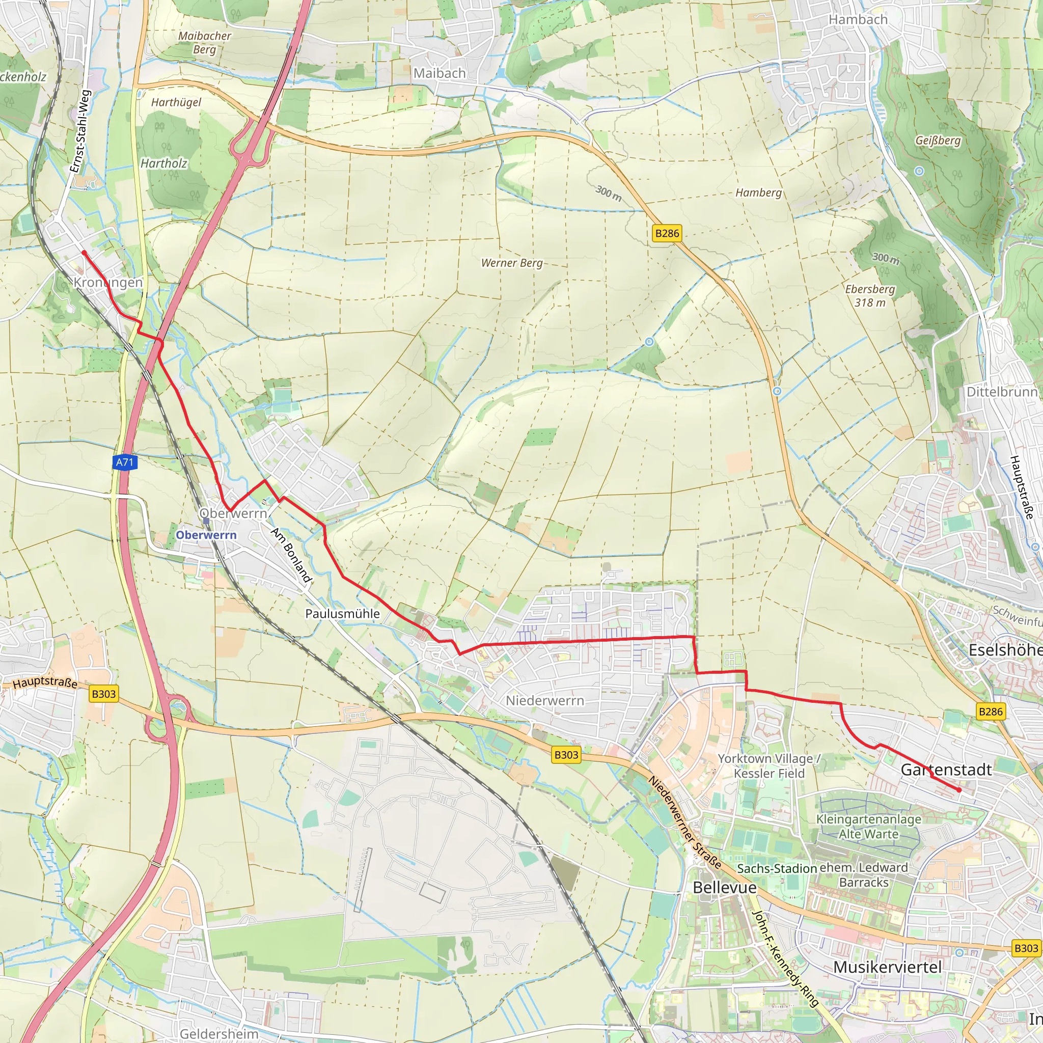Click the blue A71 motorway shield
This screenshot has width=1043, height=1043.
click(125, 462)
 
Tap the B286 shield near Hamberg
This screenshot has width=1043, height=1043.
click(667, 233)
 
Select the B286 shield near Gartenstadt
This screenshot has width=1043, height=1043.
click(991, 711)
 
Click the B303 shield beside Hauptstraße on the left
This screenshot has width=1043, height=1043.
click(104, 694)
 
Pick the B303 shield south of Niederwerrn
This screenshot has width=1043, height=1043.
click(566, 755)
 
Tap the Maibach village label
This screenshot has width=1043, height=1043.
click(440, 73)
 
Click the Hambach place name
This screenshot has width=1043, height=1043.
click(858, 19)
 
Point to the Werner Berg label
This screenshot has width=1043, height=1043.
click(512, 263)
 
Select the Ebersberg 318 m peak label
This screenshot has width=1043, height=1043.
click(870, 296)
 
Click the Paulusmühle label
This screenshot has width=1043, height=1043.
click(342, 614)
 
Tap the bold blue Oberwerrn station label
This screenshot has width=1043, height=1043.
click(206, 535)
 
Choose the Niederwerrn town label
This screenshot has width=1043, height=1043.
click(545, 701)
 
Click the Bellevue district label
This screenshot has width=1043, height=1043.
click(725, 888)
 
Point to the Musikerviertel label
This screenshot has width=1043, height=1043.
click(888, 967)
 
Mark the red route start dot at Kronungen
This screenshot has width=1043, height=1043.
click(84, 252)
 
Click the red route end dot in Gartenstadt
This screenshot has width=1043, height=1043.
click(959, 790)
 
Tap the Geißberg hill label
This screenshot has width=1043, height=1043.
click(938, 141)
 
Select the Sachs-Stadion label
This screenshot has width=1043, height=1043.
click(777, 869)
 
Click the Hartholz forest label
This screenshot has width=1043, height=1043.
click(163, 163)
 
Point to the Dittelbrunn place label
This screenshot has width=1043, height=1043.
click(1001, 392)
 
